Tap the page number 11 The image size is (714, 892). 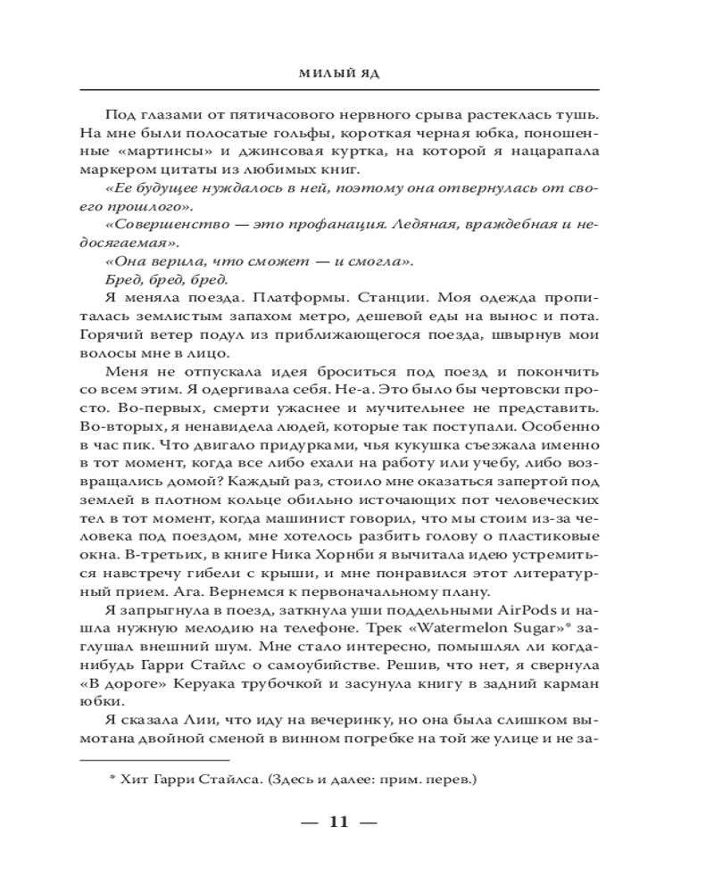coord(338,821)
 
